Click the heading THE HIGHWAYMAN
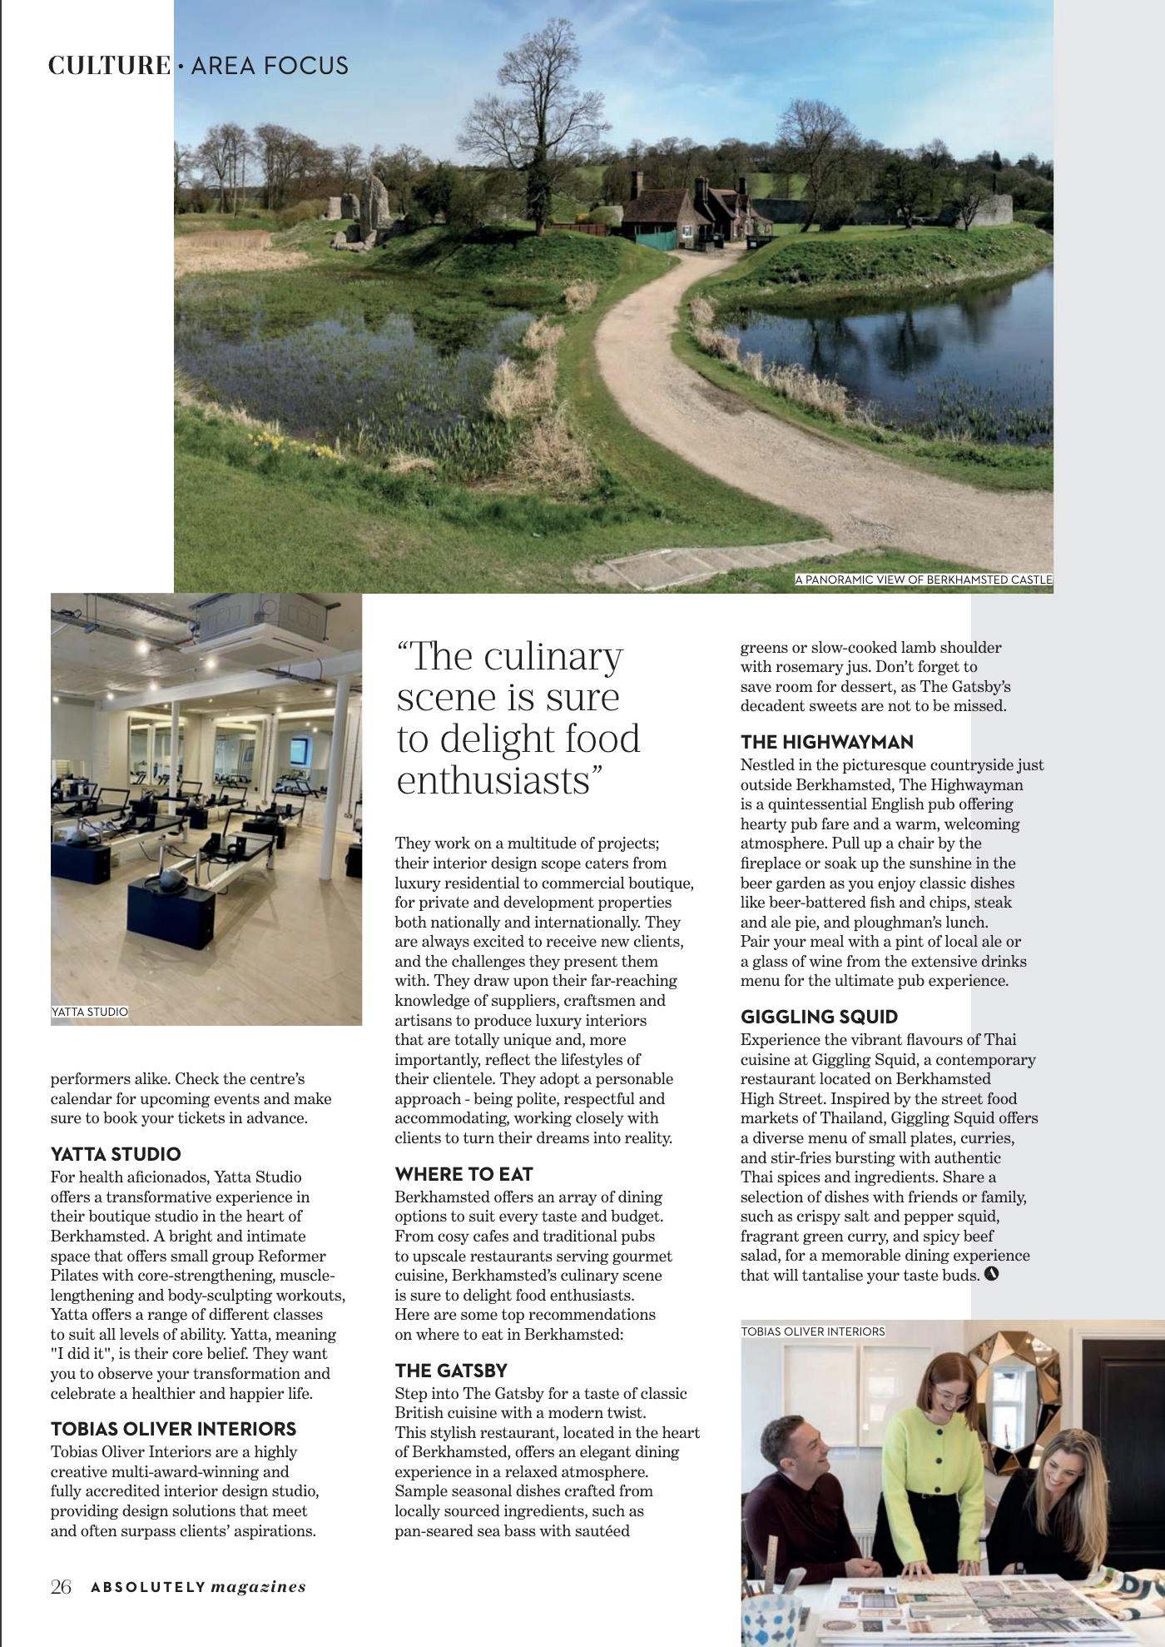pos(826,742)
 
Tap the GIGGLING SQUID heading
pos(819,1017)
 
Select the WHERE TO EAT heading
pos(464,1174)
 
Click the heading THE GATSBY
pos(450,1371)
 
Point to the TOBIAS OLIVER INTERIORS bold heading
pos(173,1429)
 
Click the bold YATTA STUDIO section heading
pos(116,1154)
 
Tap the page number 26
pos(61,1587)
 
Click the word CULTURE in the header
pos(109,66)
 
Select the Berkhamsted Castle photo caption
pos(924,580)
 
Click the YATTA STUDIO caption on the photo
pos(90,1012)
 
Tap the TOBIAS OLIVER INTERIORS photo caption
pos(813,1331)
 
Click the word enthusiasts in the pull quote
pos(493,781)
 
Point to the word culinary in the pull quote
pos(553,657)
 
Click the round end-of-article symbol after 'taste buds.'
pos(991,1274)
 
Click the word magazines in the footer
pos(258,1587)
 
